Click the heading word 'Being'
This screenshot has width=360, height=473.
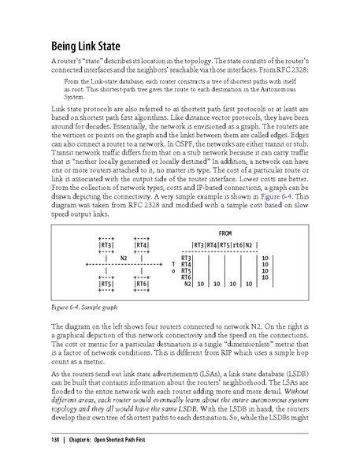68,45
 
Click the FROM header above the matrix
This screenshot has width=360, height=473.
225,233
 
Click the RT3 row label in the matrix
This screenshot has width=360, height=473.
187,258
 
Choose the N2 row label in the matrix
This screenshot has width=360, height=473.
188,283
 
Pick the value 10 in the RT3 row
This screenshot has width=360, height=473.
265,258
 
